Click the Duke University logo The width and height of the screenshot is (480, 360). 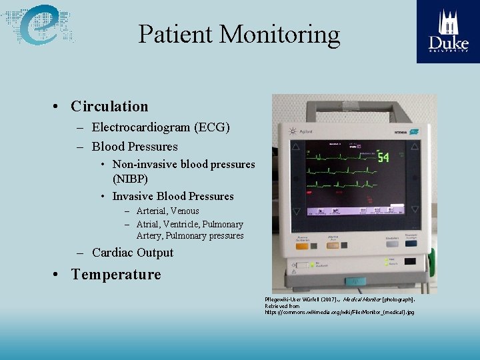tap(448, 31)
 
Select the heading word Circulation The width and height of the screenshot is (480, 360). tap(109, 107)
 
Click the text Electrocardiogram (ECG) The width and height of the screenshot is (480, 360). tap(161, 127)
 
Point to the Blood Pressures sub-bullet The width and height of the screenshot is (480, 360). tap(135, 147)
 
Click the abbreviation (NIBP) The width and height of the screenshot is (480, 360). tap(130, 179)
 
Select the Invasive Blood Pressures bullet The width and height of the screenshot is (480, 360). tap(173, 196)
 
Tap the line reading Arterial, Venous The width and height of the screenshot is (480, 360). tap(167, 211)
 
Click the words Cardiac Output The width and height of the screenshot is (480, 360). tap(132, 253)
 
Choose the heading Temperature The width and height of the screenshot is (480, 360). tap(116, 275)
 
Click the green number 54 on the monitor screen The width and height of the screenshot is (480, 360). tap(383, 157)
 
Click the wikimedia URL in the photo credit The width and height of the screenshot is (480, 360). tap(339, 312)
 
